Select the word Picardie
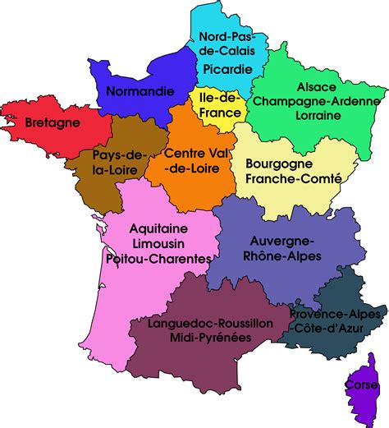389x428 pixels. click(229, 70)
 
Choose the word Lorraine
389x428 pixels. click(309, 116)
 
